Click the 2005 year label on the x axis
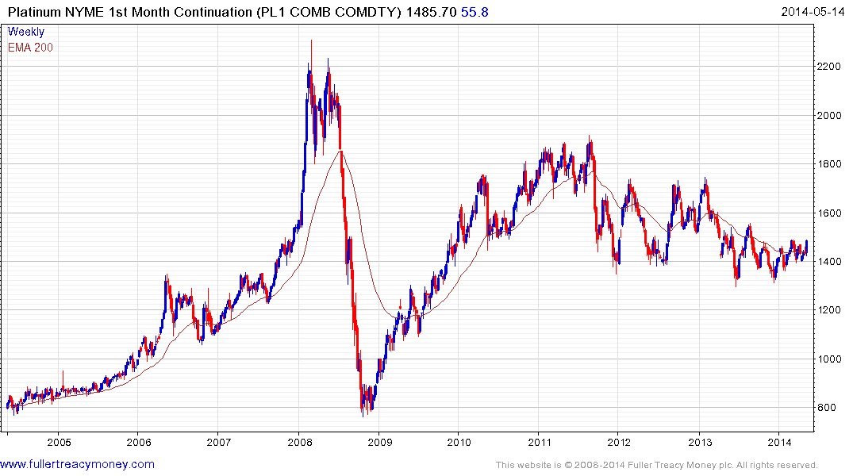pyautogui.click(x=59, y=443)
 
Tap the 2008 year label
pyautogui.click(x=299, y=443)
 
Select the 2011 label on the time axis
pyautogui.click(x=540, y=443)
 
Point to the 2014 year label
pyautogui.click(x=780, y=443)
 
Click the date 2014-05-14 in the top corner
pyautogui.click(x=813, y=11)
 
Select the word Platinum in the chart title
pyautogui.click(x=36, y=12)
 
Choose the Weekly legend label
pyautogui.click(x=26, y=32)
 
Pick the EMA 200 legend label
pyautogui.click(x=30, y=47)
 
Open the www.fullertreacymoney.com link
pyautogui.click(x=77, y=464)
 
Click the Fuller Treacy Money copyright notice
pyautogui.click(x=656, y=465)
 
